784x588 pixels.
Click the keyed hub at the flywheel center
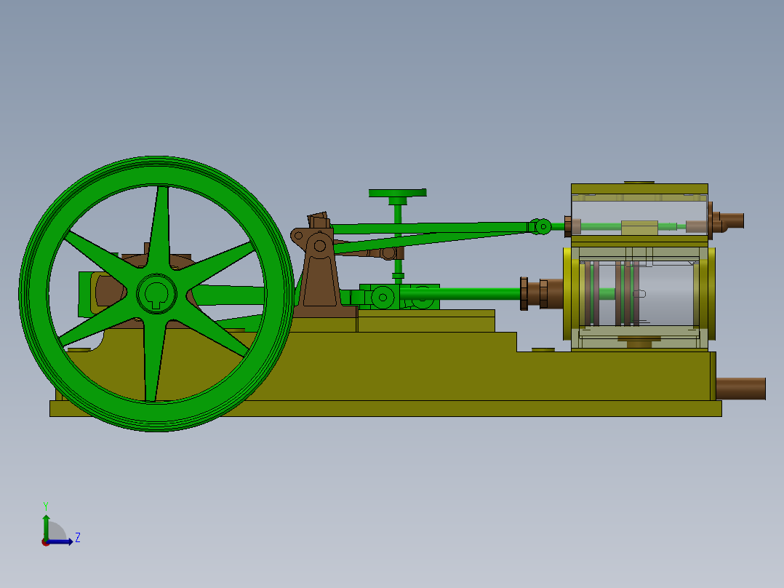point(156,293)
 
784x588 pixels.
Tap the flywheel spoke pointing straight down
point(152,364)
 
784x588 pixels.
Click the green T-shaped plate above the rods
point(397,194)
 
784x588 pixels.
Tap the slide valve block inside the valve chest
point(639,227)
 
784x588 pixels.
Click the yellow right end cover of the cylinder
point(709,293)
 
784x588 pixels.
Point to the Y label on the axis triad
point(45,505)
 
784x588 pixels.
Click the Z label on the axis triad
point(77,538)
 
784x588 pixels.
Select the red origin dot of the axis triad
point(46,542)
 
